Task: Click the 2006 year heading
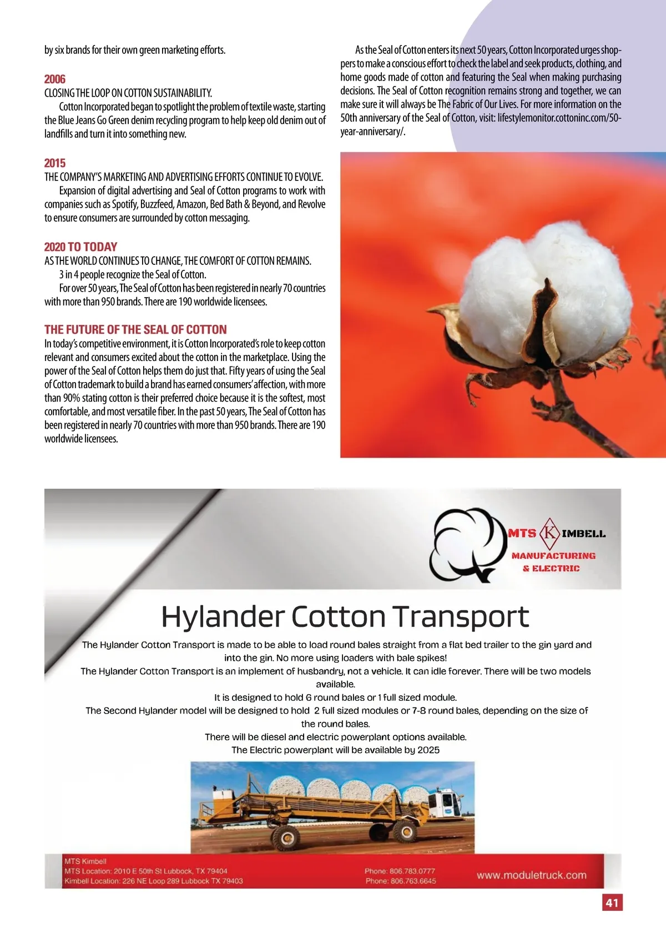(55, 79)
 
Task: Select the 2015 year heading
(55, 163)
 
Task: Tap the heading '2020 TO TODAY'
(81, 247)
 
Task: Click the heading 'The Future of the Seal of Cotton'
(135, 329)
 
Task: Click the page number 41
(612, 902)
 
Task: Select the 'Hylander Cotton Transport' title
(345, 616)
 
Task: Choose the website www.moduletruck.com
(531, 875)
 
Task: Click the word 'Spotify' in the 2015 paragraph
(124, 204)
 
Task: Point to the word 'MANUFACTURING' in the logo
(553, 555)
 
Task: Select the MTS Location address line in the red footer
(145, 871)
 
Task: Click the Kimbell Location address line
(153, 881)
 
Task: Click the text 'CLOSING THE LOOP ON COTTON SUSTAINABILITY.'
(128, 93)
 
